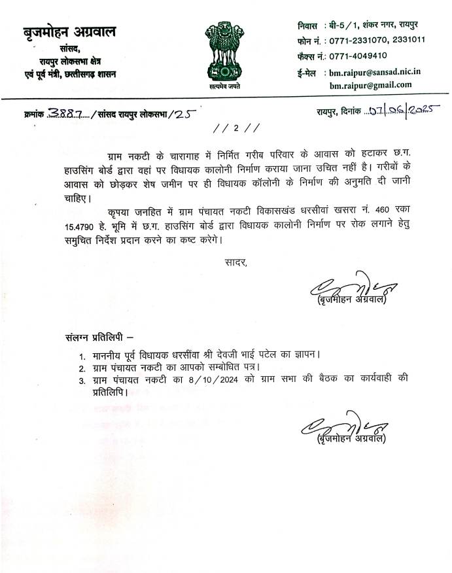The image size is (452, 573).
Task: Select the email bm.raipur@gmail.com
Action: [370, 84]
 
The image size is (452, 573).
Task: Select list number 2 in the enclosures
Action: [82, 368]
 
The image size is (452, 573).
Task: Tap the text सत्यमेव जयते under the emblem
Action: [225, 86]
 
